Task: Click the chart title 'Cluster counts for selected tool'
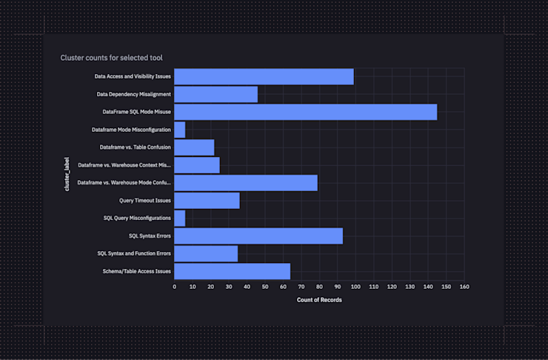(x=111, y=57)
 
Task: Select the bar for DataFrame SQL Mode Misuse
(x=305, y=112)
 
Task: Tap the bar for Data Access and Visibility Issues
(x=264, y=76)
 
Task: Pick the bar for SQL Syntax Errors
(x=258, y=236)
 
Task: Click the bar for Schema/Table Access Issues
(x=232, y=271)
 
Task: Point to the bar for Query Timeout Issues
(x=207, y=200)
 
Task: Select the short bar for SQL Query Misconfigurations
(x=180, y=218)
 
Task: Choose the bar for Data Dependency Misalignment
(x=215, y=94)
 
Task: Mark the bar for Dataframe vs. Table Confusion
(x=194, y=147)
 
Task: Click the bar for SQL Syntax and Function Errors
(x=206, y=253)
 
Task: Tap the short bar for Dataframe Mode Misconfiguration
(x=180, y=130)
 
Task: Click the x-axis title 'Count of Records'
(x=319, y=300)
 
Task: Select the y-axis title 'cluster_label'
(x=67, y=174)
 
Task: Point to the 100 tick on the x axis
(x=355, y=287)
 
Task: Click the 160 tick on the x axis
(x=464, y=287)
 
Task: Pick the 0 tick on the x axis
(x=175, y=287)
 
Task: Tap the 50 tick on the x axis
(x=265, y=287)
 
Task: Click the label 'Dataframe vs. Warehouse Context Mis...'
(x=124, y=164)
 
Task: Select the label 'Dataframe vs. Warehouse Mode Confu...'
(x=124, y=182)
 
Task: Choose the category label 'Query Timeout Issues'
(x=144, y=200)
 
